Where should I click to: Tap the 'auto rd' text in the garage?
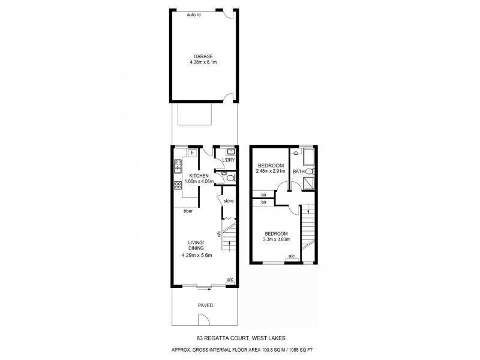click(194, 14)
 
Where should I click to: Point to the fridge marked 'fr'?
click(192, 154)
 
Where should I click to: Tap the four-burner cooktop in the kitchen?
click(178, 185)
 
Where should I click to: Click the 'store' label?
click(229, 200)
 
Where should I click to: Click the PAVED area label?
click(205, 305)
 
